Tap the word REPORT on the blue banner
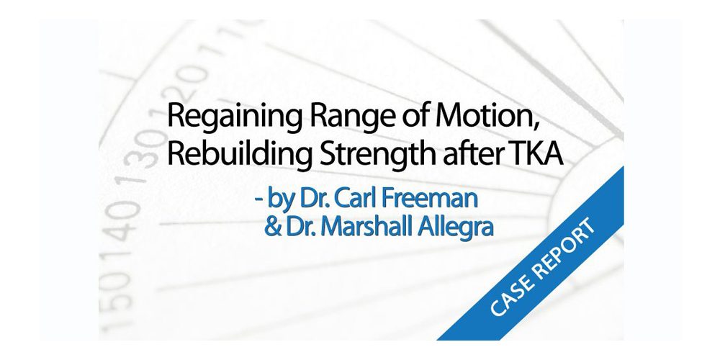(564, 244)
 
